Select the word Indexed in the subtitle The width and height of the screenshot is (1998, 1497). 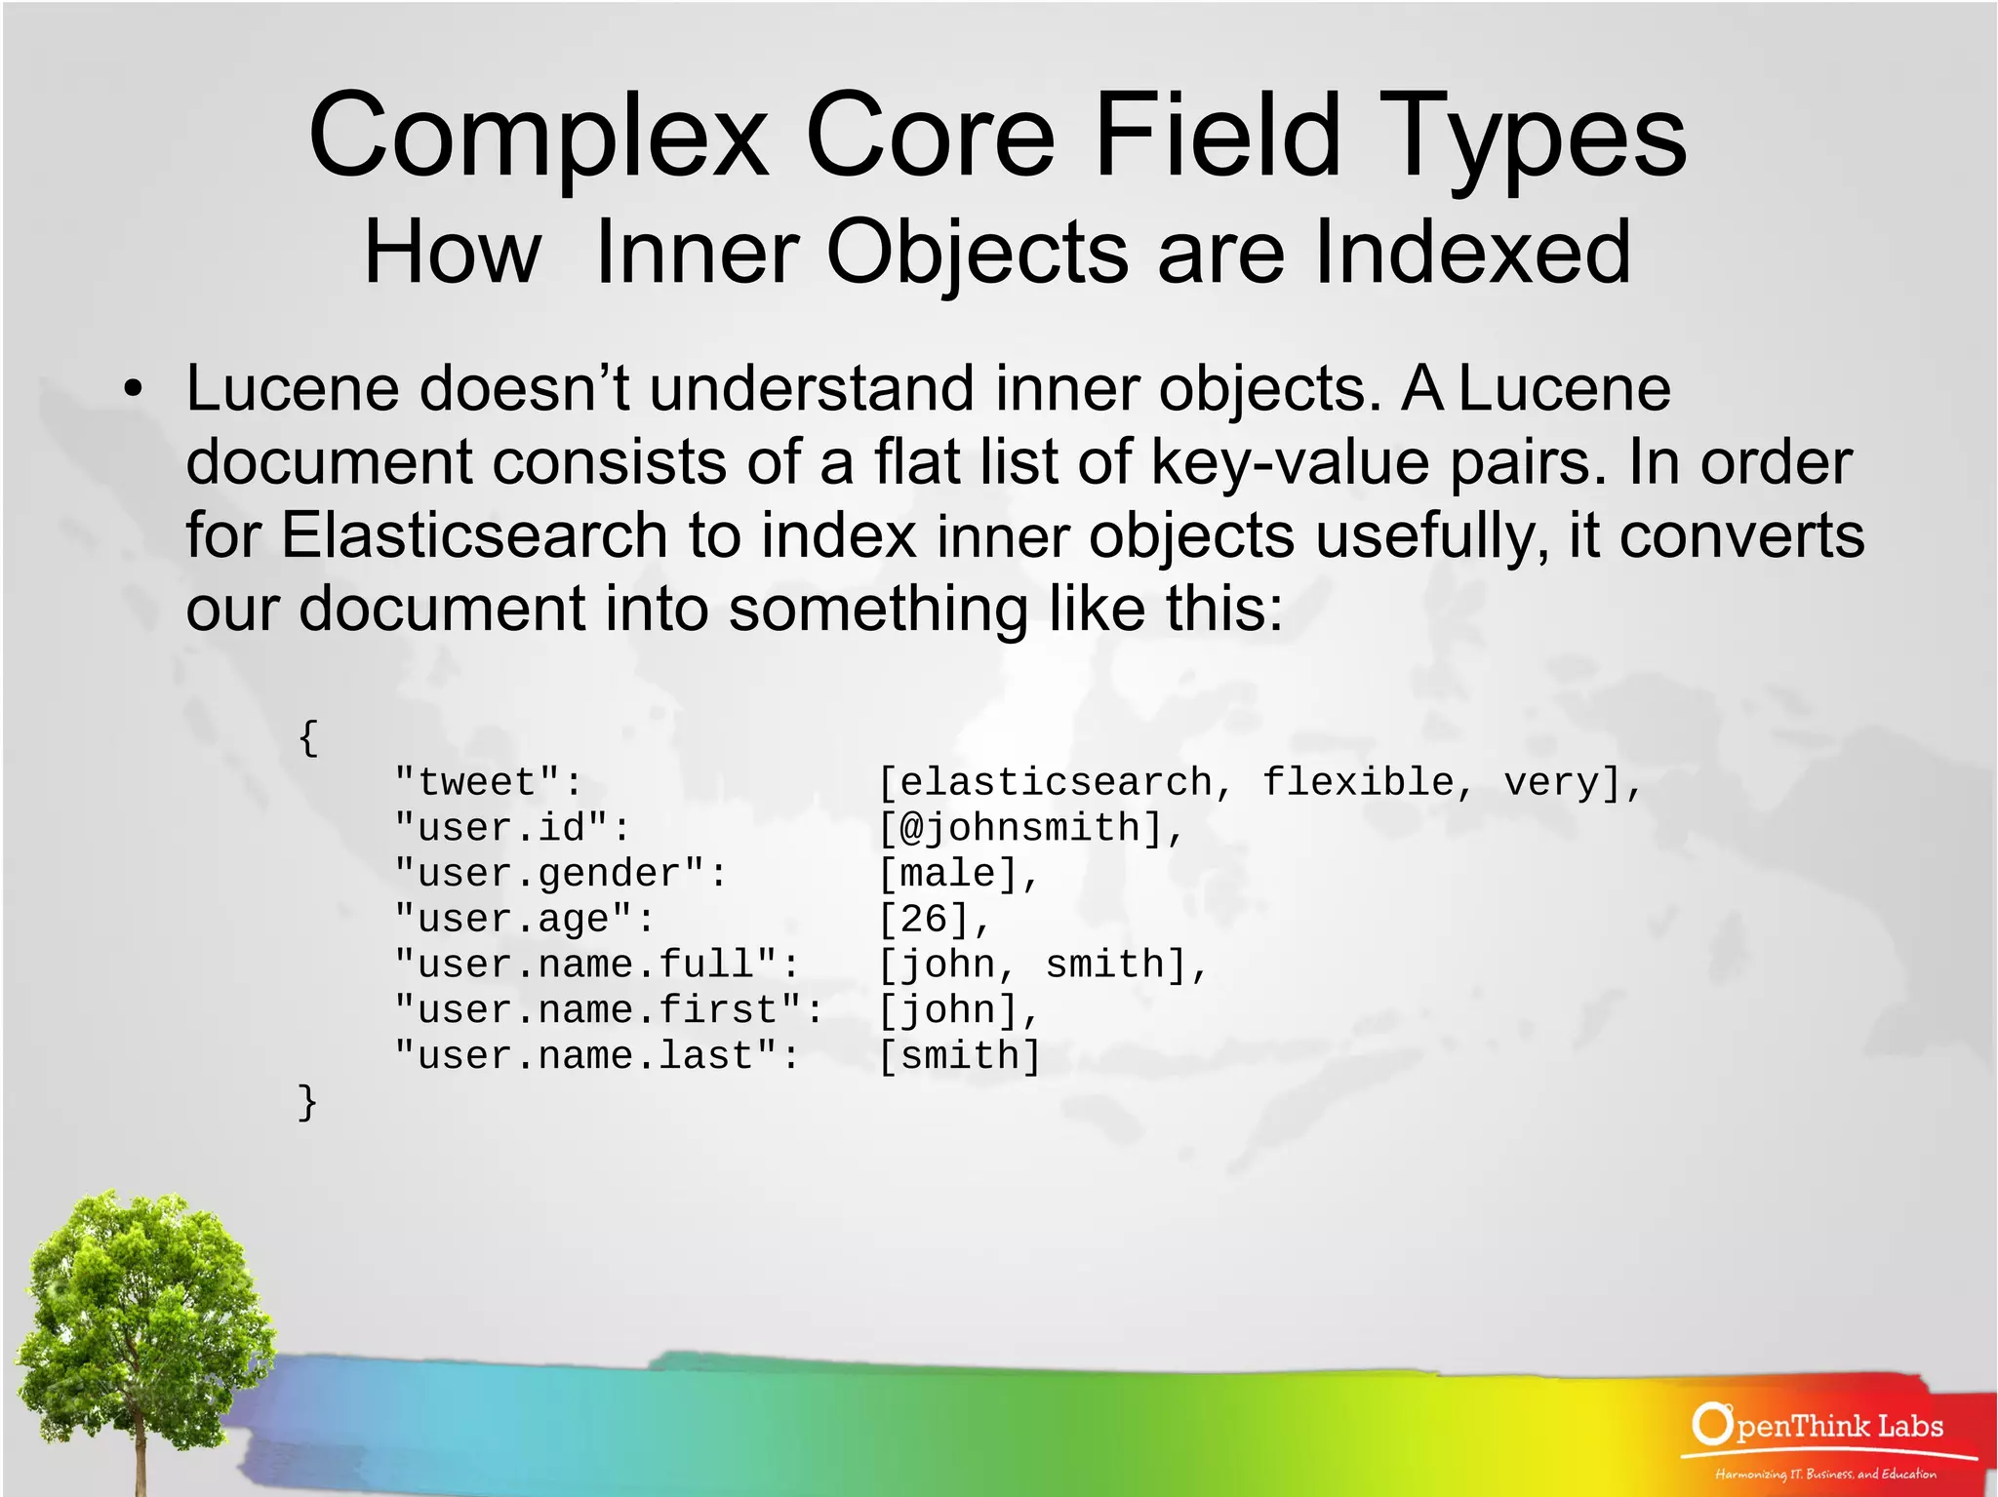pos(1473,252)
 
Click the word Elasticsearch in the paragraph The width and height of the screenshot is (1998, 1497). pos(474,535)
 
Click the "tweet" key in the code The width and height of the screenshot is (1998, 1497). pos(488,782)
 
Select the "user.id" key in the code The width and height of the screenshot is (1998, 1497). pos(512,828)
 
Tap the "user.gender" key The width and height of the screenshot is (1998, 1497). pos(560,874)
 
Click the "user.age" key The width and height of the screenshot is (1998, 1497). pos(524,919)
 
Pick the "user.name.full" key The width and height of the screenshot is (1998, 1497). pos(596,965)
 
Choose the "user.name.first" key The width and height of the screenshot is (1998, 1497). pos(609,1010)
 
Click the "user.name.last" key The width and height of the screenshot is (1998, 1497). pos(596,1056)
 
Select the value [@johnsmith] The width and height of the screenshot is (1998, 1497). pos(1029,828)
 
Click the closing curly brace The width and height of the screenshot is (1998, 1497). pos(307,1102)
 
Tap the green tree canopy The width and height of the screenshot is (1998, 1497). pos(137,1287)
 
